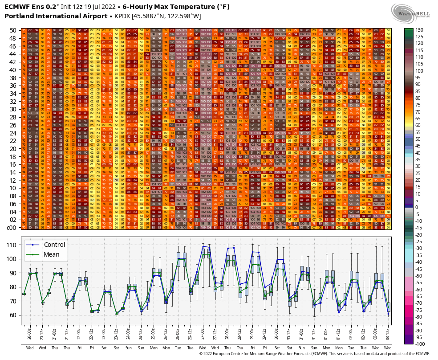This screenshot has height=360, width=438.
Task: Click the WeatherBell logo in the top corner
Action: tap(410, 11)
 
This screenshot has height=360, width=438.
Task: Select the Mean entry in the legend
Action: tap(52, 255)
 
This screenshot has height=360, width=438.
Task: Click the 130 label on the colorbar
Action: tap(420, 30)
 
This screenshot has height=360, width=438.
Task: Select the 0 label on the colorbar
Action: tap(417, 207)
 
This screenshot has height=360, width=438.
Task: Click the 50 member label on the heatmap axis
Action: tap(13, 30)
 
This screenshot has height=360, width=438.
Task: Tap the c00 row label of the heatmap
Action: tap(12, 227)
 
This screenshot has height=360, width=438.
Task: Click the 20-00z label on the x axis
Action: tap(24, 332)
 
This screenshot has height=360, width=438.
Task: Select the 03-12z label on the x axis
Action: tap(388, 332)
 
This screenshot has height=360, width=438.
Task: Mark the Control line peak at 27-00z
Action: tap(203, 246)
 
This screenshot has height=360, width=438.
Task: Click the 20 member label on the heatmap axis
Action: tap(13, 148)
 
